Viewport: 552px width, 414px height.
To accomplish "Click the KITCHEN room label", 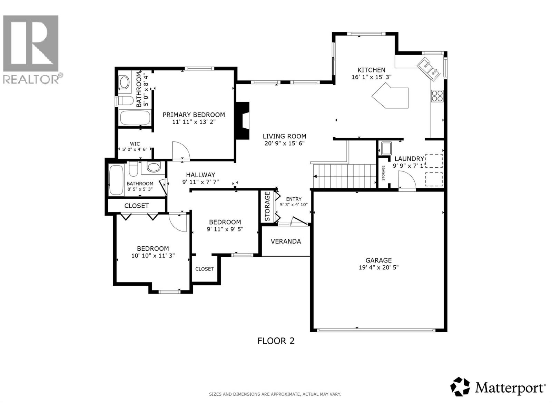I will (371, 70).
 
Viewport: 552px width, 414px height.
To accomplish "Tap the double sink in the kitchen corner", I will (428, 68).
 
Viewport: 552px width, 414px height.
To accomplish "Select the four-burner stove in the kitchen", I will (437, 96).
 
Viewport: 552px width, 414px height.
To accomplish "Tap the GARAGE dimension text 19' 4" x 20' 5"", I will (379, 267).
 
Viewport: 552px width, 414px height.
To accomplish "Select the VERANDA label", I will (286, 241).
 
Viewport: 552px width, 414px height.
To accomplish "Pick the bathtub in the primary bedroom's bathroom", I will (135, 118).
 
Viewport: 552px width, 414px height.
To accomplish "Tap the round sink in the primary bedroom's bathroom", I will (124, 82).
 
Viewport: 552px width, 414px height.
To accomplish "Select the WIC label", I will (135, 144).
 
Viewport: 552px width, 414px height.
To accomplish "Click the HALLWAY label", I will (200, 175).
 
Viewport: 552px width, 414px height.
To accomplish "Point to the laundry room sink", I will (385, 148).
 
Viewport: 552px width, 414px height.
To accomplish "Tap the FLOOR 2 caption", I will (276, 341).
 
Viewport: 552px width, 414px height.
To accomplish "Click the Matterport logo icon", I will (461, 387).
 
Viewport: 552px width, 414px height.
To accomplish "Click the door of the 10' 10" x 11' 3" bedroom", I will (178, 223).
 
